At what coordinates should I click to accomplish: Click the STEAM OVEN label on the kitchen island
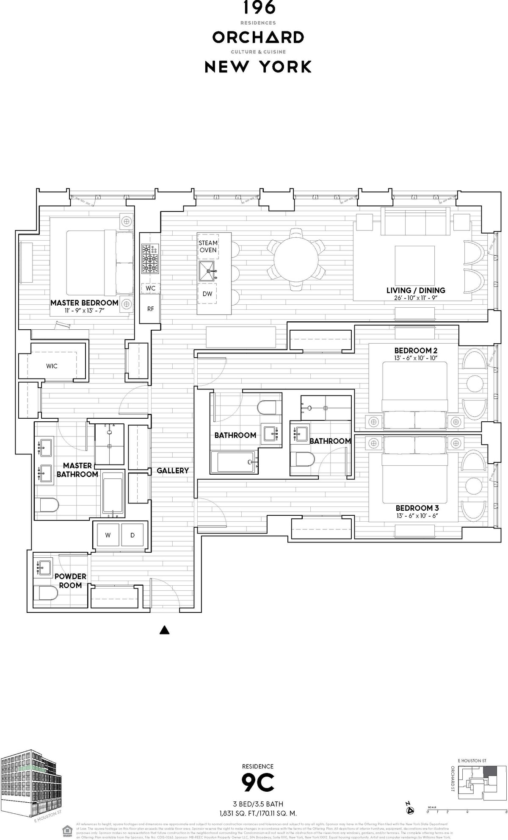pyautogui.click(x=208, y=246)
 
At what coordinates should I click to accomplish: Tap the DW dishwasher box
pyautogui.click(x=207, y=294)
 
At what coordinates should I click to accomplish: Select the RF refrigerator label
pyautogui.click(x=151, y=309)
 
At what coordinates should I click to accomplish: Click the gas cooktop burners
pyautogui.click(x=150, y=259)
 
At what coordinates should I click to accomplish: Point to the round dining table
pyautogui.click(x=296, y=259)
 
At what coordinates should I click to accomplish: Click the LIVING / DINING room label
pyautogui.click(x=415, y=290)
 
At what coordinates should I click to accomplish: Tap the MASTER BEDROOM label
pyautogui.click(x=84, y=303)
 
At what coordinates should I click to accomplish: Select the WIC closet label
pyautogui.click(x=52, y=366)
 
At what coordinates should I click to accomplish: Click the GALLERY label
pyautogui.click(x=173, y=470)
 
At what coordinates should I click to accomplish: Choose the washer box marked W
pyautogui.click(x=108, y=535)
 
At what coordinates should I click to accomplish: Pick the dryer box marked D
pyautogui.click(x=133, y=535)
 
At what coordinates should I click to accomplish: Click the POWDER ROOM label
pyautogui.click(x=70, y=581)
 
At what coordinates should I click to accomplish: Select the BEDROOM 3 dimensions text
pyautogui.click(x=415, y=516)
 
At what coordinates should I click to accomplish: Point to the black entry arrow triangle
pyautogui.click(x=164, y=630)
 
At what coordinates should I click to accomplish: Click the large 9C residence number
pyautogui.click(x=258, y=783)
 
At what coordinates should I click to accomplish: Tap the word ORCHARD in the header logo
pyautogui.click(x=258, y=38)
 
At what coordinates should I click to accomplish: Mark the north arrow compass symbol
pyautogui.click(x=409, y=810)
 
